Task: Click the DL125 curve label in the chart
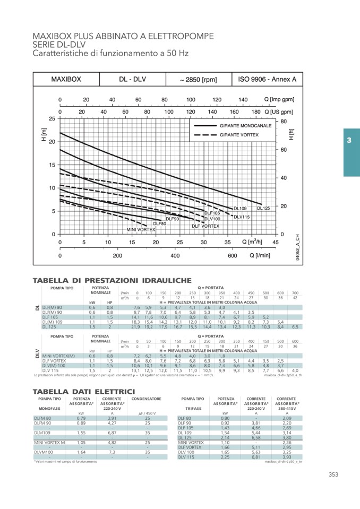(x=263, y=208)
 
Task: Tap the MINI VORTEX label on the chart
(x=141, y=229)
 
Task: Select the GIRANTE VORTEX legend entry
(x=239, y=135)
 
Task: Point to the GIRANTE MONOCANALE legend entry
(x=245, y=126)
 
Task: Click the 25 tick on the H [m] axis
(x=52, y=119)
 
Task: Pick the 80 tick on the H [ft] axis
(x=284, y=122)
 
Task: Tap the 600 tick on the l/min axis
(x=232, y=255)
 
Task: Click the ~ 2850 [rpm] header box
(x=198, y=80)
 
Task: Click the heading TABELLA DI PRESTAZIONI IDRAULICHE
(x=112, y=280)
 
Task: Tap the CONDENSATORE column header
(x=147, y=398)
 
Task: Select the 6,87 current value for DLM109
(x=112, y=433)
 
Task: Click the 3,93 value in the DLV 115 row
(x=287, y=456)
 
